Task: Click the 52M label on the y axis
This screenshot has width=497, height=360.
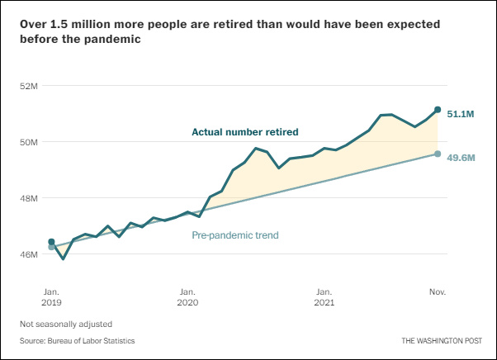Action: point(29,86)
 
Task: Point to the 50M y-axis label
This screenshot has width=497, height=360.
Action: point(29,142)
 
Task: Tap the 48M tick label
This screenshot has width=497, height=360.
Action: point(29,198)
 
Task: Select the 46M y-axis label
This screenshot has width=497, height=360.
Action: point(29,254)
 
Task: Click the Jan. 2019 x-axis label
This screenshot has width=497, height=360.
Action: point(50,297)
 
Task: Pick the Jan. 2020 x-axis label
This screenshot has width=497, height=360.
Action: point(187,297)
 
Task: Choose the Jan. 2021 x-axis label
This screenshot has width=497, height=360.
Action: point(324,297)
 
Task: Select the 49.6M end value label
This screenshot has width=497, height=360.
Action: point(460,158)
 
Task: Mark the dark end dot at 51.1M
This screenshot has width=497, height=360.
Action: point(438,109)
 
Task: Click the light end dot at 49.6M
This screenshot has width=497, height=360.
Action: point(438,154)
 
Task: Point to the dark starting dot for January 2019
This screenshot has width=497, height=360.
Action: point(51,242)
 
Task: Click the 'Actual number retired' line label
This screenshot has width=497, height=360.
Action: point(244,131)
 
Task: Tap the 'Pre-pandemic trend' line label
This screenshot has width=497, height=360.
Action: point(235,235)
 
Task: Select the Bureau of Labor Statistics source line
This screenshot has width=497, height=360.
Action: point(78,340)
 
